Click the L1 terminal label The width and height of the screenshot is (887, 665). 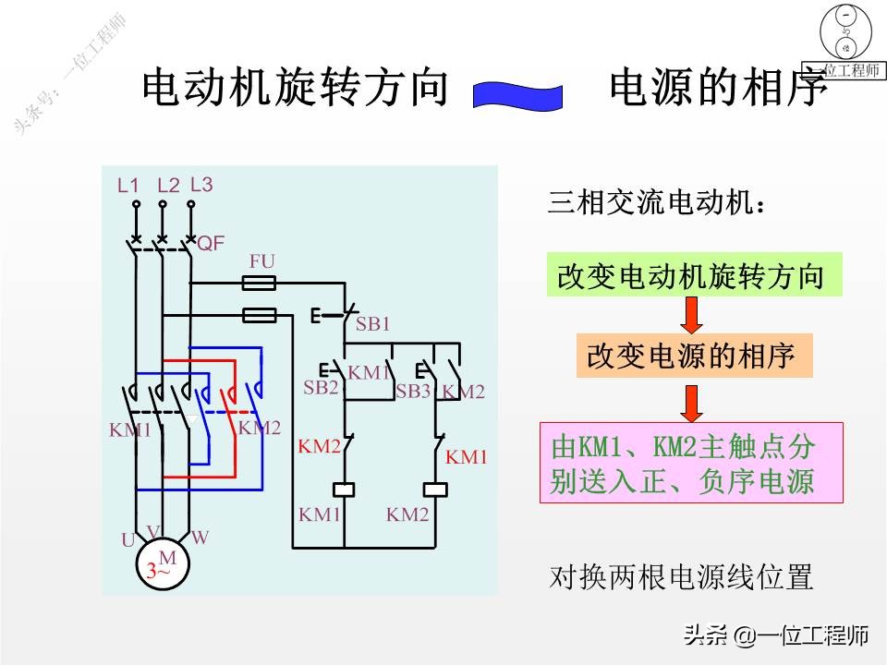pos(128,185)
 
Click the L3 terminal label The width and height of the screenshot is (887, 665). pos(201,184)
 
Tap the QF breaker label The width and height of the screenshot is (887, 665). pos(211,244)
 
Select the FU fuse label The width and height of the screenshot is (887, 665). pos(261,261)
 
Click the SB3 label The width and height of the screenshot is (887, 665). pos(413,391)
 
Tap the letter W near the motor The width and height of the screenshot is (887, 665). pos(200,537)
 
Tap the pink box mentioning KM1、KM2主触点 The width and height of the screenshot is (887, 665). pos(691,463)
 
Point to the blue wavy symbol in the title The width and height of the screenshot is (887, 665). pos(518,95)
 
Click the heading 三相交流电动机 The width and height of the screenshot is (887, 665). pos(657,202)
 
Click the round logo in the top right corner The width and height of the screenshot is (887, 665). pos(844,34)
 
